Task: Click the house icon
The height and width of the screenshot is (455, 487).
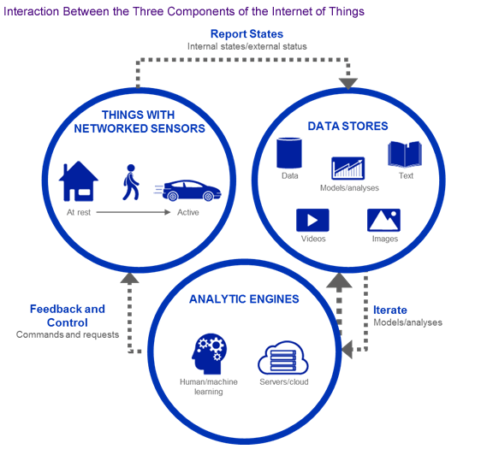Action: click(79, 181)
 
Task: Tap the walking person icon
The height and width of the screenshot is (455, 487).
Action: click(131, 182)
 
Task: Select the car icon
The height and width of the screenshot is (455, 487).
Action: click(188, 190)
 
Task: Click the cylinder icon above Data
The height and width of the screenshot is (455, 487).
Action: click(289, 153)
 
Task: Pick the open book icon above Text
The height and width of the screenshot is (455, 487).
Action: click(405, 154)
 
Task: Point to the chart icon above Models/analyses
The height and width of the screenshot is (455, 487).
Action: click(347, 168)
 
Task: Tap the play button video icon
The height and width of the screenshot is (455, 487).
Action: click(312, 220)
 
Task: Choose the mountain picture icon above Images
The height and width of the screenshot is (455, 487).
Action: click(384, 220)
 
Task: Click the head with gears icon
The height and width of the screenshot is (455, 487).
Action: click(209, 353)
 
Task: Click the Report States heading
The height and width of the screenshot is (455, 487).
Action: click(246, 34)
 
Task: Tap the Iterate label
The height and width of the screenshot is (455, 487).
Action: click(390, 310)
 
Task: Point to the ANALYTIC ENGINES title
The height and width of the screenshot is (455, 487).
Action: click(244, 298)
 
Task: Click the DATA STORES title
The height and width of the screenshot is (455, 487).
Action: click(347, 126)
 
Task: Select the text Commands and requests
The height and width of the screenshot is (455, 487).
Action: click(68, 334)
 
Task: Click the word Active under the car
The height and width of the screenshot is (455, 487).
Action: click(188, 212)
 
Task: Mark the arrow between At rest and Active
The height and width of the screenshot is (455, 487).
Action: click(134, 212)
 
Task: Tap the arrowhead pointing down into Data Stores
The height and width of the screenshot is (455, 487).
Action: click(348, 84)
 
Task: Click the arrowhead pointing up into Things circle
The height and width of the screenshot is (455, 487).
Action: click(129, 278)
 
